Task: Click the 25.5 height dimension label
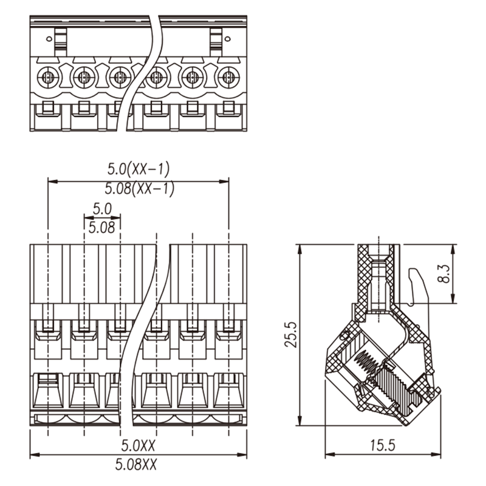click(291, 335)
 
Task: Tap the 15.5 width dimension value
click(383, 445)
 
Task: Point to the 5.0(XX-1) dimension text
click(139, 169)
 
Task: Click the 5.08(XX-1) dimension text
click(140, 188)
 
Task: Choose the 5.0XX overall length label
click(139, 445)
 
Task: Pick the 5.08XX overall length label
click(136, 464)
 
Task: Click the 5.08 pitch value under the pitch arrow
click(101, 228)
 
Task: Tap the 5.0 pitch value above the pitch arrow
click(102, 209)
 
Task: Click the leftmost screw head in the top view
click(48, 77)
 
